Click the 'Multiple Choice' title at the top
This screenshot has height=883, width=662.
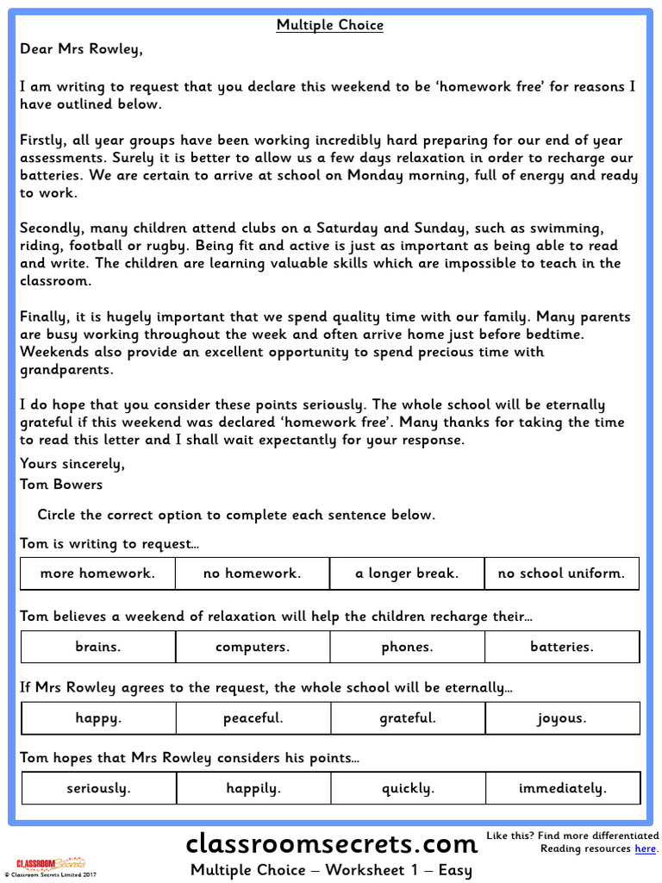[x=330, y=25]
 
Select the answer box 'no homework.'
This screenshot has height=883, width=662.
[x=253, y=573]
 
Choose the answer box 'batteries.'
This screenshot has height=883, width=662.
[x=562, y=647]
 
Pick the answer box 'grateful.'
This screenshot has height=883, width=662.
[x=408, y=717]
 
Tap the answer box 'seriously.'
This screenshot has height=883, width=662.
[x=98, y=788]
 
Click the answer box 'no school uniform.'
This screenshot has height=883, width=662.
[x=561, y=573]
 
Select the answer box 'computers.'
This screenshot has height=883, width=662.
[x=253, y=647]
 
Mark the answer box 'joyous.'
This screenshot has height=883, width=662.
[x=562, y=717]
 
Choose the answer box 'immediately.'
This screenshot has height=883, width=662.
[x=563, y=788]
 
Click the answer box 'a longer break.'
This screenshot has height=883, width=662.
[x=407, y=573]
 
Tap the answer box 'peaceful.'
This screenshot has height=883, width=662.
[x=253, y=717]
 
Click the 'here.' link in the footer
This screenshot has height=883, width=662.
[x=646, y=849]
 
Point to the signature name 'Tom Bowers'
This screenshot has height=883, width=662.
[x=61, y=485]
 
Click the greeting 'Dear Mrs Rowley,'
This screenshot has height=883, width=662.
[x=81, y=49]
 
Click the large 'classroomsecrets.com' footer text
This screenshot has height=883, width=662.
[x=332, y=842]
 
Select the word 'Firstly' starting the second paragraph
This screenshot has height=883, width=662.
[x=43, y=141]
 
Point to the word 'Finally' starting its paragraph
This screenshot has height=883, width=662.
[x=43, y=316]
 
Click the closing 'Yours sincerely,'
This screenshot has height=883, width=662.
[x=72, y=464]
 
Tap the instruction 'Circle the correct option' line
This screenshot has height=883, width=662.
[x=236, y=516]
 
